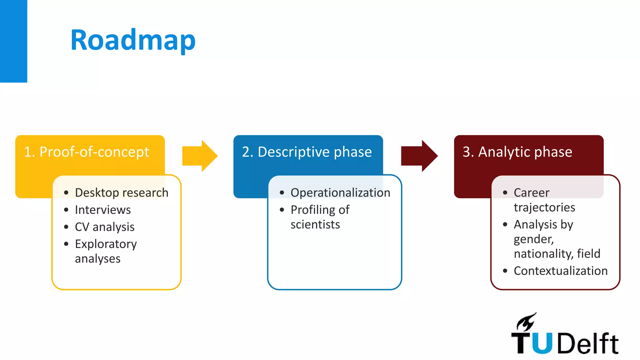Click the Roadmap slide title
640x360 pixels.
[133, 40]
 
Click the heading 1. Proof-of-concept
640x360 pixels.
[87, 152]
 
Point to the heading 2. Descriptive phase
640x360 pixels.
[307, 152]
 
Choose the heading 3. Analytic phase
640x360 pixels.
[517, 152]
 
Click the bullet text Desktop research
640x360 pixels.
[122, 192]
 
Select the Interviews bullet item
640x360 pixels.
[103, 210]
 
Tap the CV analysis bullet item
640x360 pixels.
[105, 227]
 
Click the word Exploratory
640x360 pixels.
[106, 244]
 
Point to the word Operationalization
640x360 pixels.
[340, 192]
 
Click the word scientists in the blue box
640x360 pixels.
[315, 224]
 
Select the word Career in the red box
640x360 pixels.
[531, 192]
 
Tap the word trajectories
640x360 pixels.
[544, 207]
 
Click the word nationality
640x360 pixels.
[543, 253]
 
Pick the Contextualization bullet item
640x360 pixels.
[561, 271]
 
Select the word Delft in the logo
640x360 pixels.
[587, 343]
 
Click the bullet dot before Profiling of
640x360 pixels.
[282, 210]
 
